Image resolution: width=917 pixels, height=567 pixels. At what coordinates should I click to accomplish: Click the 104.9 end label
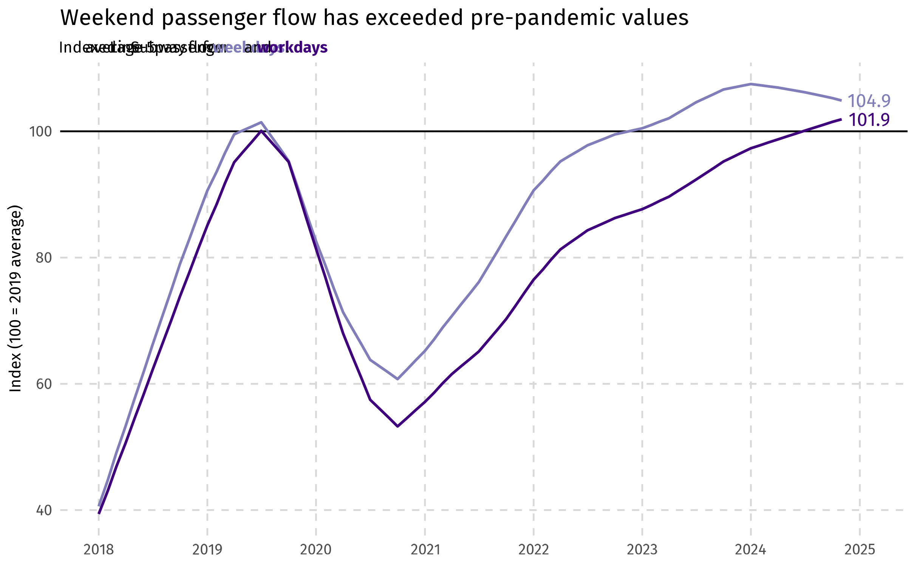869,101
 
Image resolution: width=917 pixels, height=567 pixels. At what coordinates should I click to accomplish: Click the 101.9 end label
869,120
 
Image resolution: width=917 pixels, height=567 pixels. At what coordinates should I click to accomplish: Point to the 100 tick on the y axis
40,132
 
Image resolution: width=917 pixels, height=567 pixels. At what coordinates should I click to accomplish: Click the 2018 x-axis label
99,550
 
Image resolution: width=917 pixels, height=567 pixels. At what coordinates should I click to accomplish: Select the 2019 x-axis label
207,550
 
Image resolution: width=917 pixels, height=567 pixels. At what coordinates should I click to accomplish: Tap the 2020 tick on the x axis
316,550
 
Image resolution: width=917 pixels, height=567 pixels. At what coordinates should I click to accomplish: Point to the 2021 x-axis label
425,550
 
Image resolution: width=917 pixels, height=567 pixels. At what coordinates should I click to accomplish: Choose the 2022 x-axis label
533,550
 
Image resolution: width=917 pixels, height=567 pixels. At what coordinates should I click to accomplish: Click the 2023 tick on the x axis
642,550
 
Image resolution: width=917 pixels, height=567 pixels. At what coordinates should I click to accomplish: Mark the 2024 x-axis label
751,550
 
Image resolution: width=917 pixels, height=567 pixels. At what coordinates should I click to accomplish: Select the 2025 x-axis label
860,550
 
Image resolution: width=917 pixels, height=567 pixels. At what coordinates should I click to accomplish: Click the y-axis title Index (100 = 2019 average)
15,299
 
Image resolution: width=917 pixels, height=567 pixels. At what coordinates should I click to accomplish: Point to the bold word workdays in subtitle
293,48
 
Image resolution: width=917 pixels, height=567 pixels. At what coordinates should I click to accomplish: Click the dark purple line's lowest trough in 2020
397,426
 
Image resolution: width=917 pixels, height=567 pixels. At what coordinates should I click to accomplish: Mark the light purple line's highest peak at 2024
751,84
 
